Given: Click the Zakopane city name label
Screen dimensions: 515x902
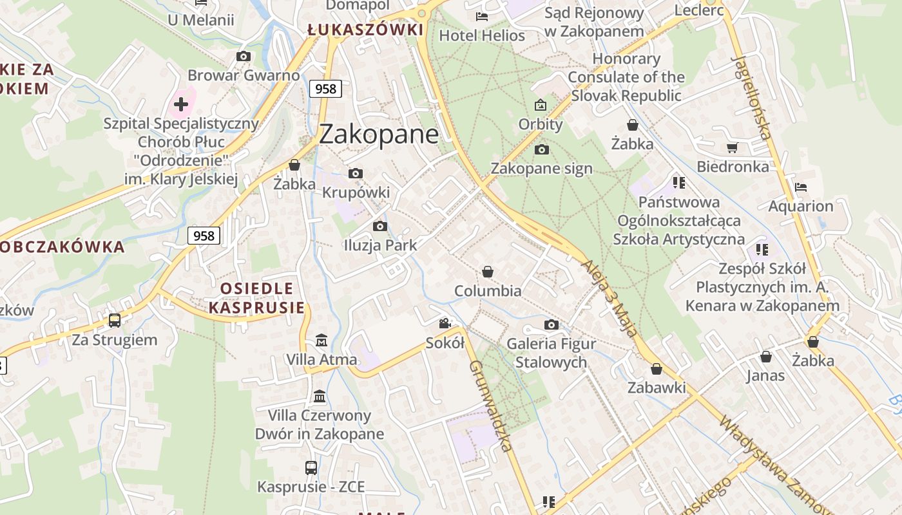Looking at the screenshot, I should (x=379, y=134).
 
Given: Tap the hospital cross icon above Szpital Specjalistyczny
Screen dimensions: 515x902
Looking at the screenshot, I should (x=181, y=104).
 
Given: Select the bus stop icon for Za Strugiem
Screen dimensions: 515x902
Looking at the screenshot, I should (x=115, y=320).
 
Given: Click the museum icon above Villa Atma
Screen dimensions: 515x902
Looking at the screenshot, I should (x=321, y=339).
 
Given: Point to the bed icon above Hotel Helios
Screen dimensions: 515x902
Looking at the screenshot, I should (x=481, y=16).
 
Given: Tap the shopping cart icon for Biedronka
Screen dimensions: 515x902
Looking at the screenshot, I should (x=733, y=148).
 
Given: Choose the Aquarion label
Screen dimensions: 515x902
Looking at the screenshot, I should (x=801, y=206).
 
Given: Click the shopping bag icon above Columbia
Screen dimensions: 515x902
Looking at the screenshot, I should (x=488, y=272).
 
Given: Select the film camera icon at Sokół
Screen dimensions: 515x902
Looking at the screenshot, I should (x=445, y=323).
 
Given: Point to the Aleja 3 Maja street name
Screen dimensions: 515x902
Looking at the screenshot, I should (x=609, y=299).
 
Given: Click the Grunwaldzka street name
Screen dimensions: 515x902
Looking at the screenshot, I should (x=491, y=406).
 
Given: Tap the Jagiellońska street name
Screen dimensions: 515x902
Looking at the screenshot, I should (x=751, y=97).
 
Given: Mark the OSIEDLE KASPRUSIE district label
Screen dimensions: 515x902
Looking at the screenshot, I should (x=256, y=298).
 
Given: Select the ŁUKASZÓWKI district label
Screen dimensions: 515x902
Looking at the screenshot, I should (x=365, y=30).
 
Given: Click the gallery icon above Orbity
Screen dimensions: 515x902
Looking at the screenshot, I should (x=541, y=105).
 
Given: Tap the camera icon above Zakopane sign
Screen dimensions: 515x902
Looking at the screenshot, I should (x=541, y=149).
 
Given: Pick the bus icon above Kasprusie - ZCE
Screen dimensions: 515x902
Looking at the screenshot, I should (x=311, y=467).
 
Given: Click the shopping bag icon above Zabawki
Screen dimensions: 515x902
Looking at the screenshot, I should (x=656, y=369).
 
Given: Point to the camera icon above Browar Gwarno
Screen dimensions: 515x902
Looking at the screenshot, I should (x=244, y=57).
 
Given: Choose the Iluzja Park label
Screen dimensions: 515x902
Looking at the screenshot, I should (x=380, y=245).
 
